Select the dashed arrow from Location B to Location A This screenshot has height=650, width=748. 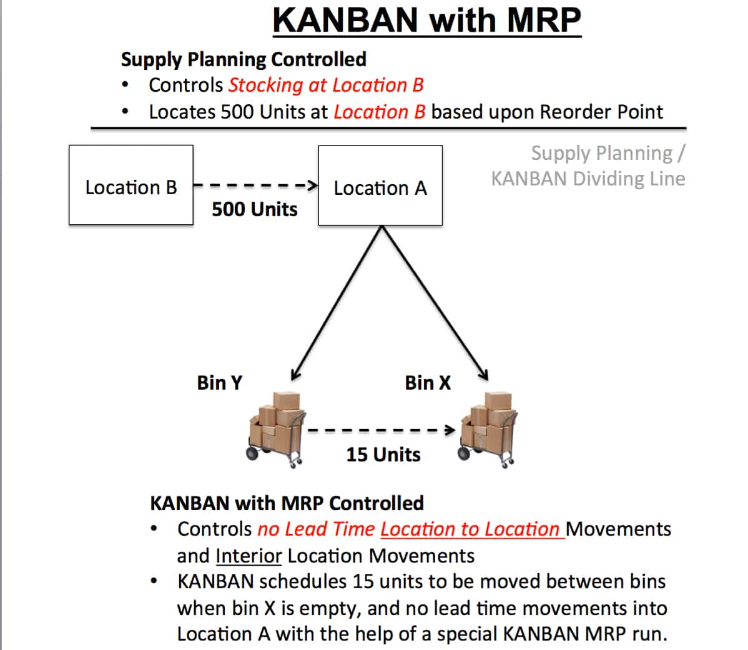[256, 185]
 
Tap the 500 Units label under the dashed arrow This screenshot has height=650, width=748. [255, 209]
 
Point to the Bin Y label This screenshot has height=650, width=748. [220, 383]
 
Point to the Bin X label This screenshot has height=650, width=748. [428, 383]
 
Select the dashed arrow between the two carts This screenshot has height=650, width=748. [381, 430]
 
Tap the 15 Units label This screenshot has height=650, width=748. [383, 455]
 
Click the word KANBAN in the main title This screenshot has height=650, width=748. [345, 21]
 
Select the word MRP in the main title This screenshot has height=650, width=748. [544, 21]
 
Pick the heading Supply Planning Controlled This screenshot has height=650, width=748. [244, 59]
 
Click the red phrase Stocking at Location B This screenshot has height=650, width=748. [327, 86]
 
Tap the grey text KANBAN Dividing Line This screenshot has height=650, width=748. [588, 179]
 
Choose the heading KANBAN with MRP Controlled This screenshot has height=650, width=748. [287, 504]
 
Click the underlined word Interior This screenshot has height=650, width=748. [249, 556]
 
